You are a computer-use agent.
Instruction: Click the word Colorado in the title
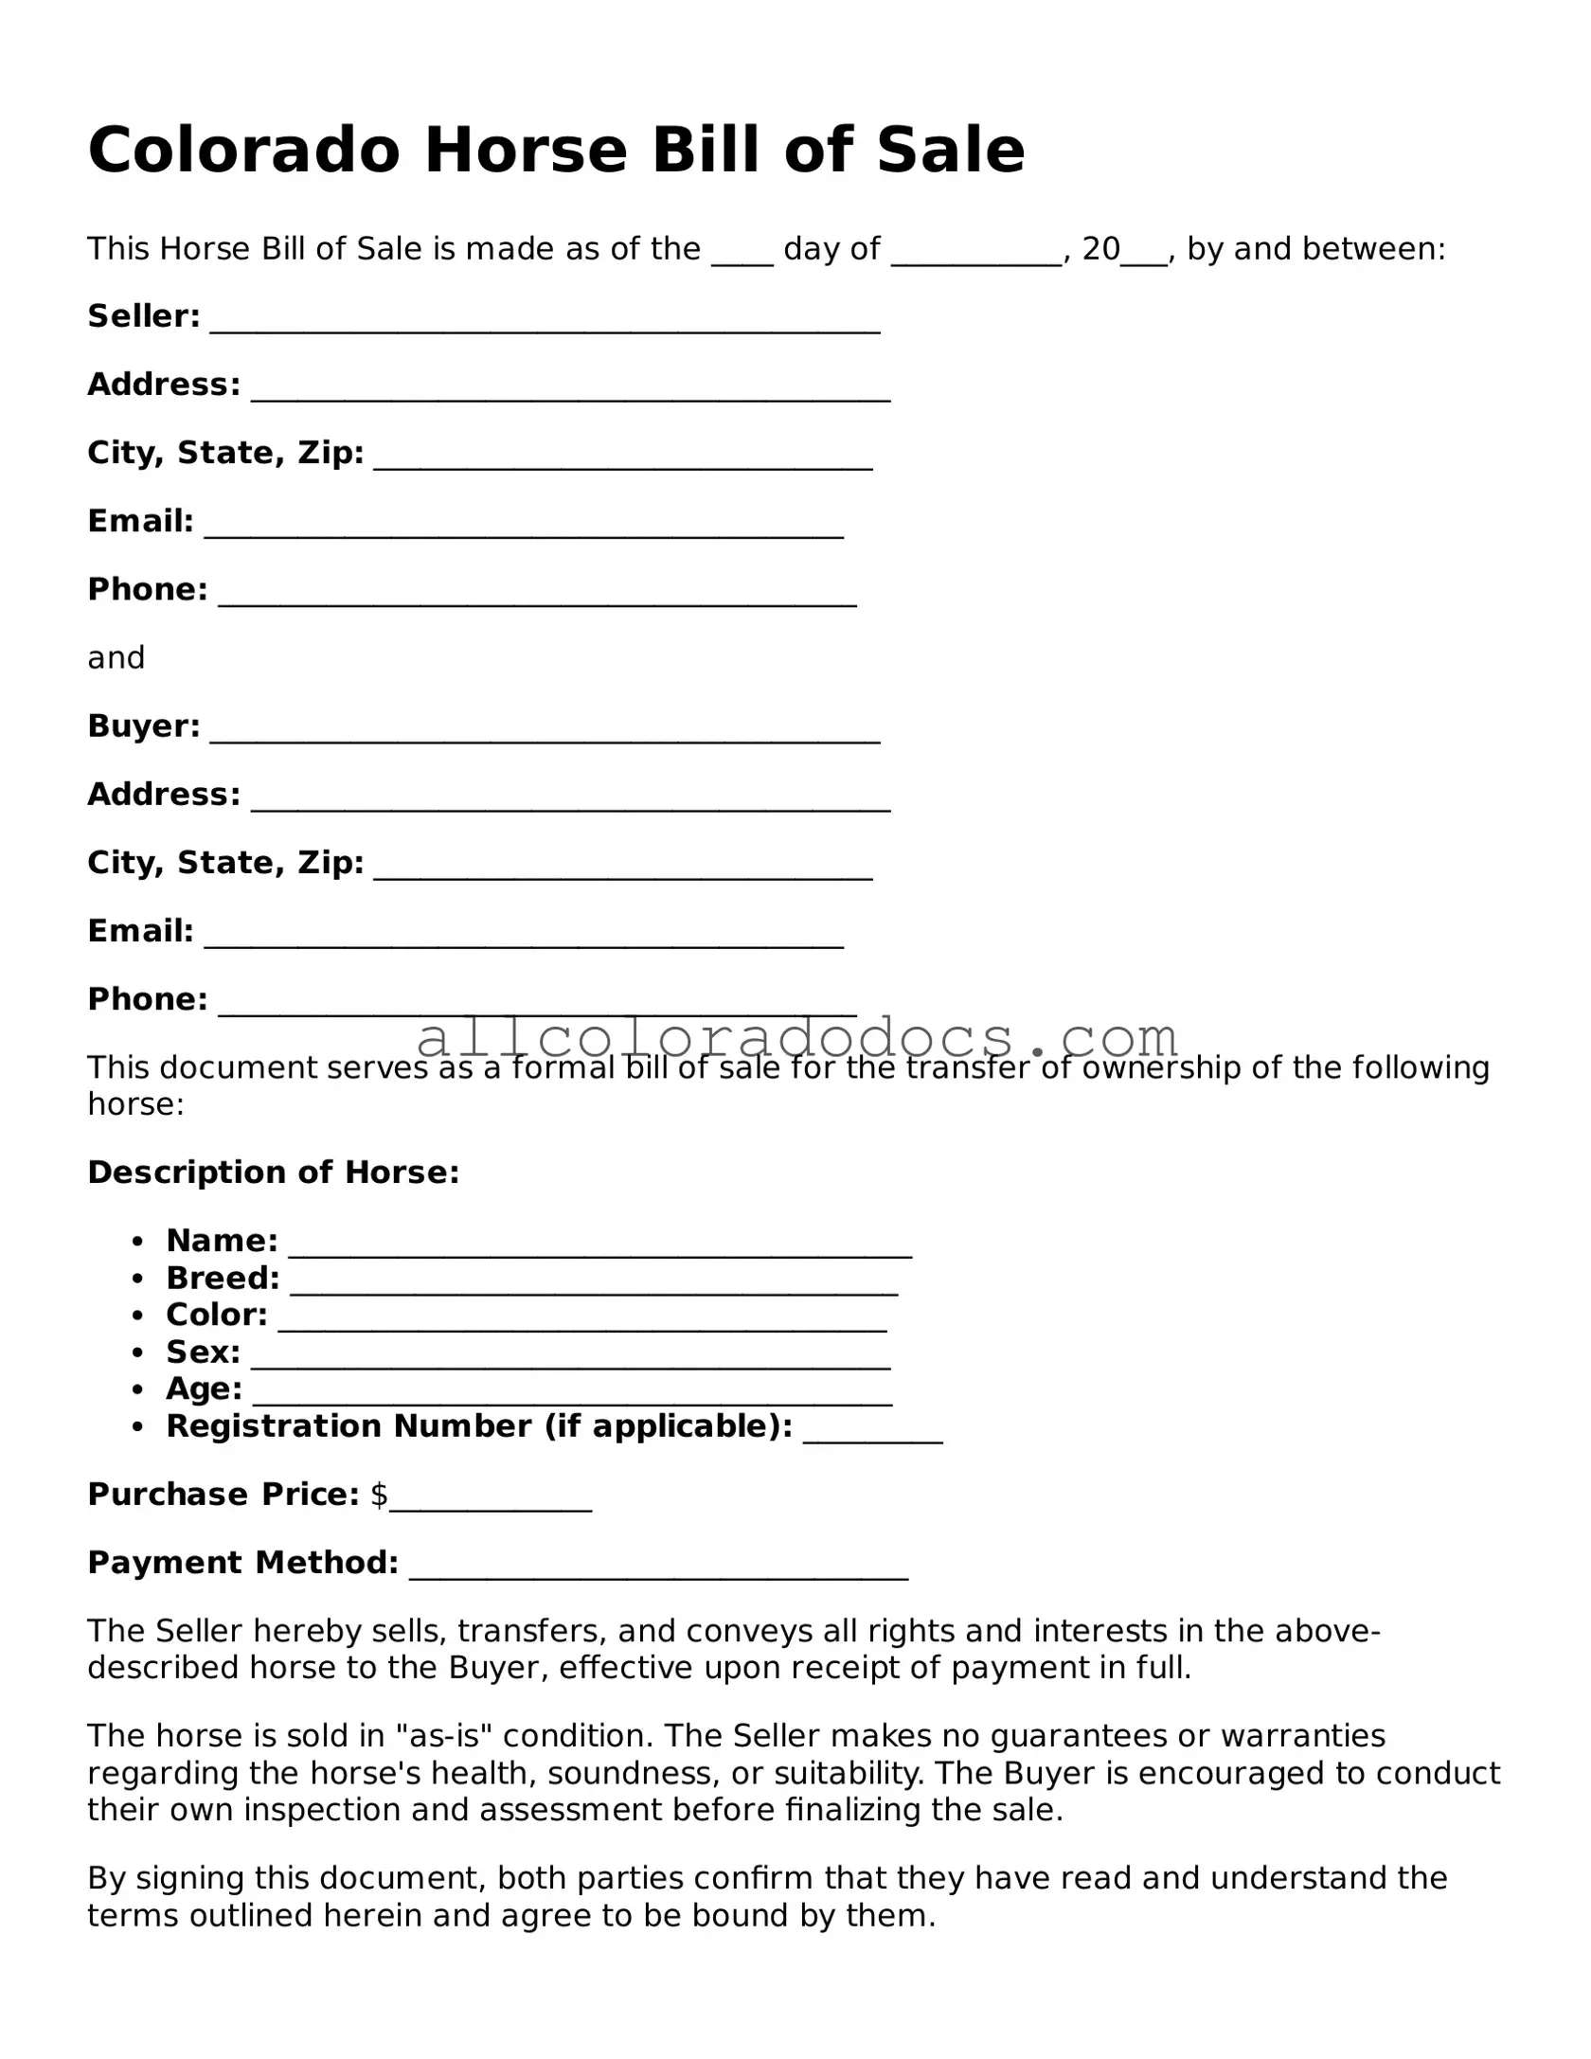point(243,151)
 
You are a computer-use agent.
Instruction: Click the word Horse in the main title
point(526,151)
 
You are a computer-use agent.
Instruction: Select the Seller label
point(143,316)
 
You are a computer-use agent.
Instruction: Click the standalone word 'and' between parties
point(116,658)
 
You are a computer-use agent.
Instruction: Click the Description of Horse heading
point(273,1173)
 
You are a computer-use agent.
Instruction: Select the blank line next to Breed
point(594,1280)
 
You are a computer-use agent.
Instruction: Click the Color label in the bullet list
point(217,1316)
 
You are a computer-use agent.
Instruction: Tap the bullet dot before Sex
point(138,1353)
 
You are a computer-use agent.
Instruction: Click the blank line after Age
point(572,1391)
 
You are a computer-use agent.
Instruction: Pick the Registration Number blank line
point(872,1428)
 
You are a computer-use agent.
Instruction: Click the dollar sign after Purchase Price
point(379,1495)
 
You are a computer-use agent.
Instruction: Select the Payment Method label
point(242,1564)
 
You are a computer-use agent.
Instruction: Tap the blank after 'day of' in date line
point(975,250)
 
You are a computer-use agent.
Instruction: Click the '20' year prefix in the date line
point(1100,249)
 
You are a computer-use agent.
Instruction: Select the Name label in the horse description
point(222,1241)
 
